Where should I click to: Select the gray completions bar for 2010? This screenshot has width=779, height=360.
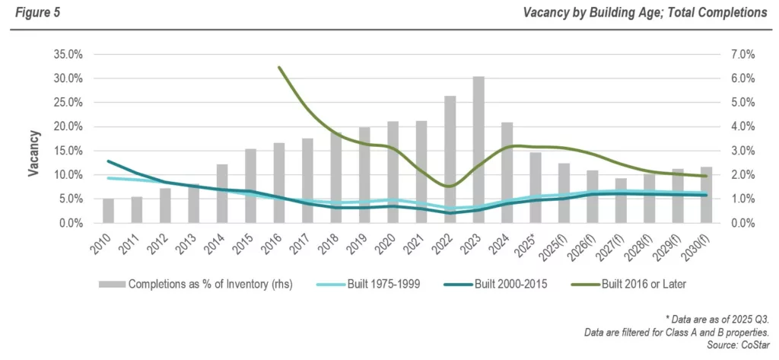tap(108, 211)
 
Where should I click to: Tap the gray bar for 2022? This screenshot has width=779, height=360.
tap(450, 160)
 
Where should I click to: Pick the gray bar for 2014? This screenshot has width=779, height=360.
tap(221, 193)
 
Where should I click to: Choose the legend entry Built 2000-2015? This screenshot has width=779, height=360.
tap(515, 284)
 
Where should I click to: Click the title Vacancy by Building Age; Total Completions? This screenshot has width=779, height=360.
tap(644, 13)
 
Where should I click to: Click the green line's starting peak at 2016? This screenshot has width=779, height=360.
tap(279, 68)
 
